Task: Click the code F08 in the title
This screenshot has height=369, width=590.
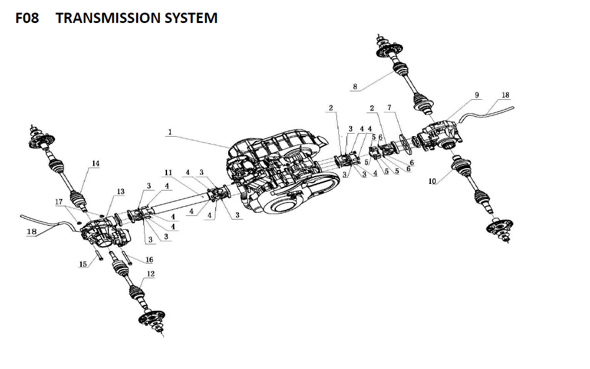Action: pos(27,18)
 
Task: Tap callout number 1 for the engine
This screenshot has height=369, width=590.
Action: pos(170,131)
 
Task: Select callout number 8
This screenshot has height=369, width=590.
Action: pos(355,87)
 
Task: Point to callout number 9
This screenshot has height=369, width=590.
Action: pos(477,96)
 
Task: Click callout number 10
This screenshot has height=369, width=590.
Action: pos(432,181)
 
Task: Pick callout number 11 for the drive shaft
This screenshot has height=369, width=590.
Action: pos(168,173)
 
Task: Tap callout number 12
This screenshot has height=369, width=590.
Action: pos(150,274)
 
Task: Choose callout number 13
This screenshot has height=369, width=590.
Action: pos(120,192)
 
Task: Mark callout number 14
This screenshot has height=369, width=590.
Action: pos(96,163)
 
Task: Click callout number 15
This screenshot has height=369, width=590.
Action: pos(83,264)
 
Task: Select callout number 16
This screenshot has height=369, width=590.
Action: pos(149,260)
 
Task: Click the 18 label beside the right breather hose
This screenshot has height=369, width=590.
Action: pos(505,96)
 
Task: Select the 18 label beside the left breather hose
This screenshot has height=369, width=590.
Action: pos(31,232)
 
